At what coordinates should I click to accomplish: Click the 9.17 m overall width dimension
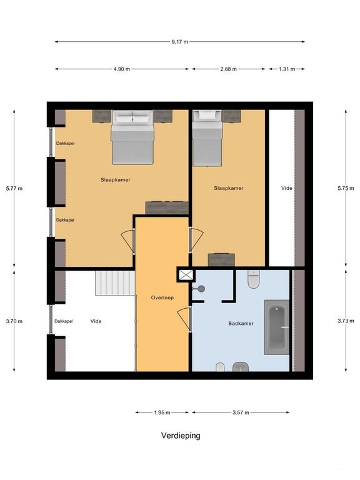(x=179, y=42)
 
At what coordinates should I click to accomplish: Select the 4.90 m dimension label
(x=122, y=69)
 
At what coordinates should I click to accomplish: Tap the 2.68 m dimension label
(x=229, y=69)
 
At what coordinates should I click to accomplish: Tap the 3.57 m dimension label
(x=241, y=412)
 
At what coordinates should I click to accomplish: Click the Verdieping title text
(x=179, y=436)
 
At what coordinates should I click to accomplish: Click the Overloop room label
(x=161, y=297)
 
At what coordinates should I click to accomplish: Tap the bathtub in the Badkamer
(x=277, y=327)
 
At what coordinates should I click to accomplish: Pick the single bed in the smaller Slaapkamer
(x=207, y=138)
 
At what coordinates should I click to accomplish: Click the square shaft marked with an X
(x=186, y=274)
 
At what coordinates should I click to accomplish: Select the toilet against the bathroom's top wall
(x=254, y=280)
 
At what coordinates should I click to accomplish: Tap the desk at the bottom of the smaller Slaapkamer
(x=221, y=259)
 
